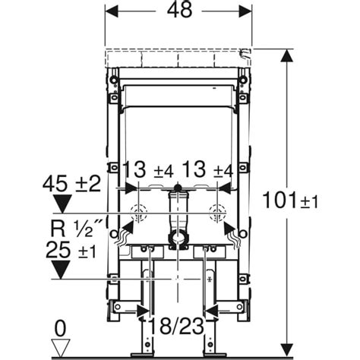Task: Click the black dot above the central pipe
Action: point(179,187)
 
